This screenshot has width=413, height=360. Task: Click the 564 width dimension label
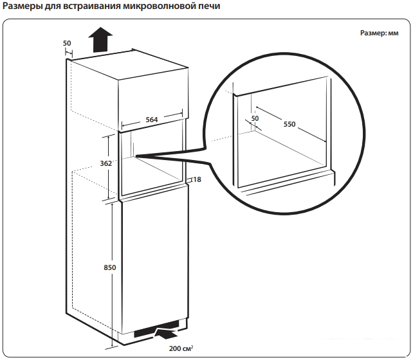click(x=151, y=120)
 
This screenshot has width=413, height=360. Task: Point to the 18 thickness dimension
click(x=196, y=179)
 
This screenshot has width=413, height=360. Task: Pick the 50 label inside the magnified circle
click(x=255, y=118)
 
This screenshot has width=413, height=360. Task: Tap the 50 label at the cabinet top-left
click(x=68, y=43)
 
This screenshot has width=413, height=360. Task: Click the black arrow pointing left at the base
click(x=166, y=334)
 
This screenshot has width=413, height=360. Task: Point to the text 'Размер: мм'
click(x=380, y=33)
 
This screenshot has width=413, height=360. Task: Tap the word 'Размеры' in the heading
click(x=23, y=7)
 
